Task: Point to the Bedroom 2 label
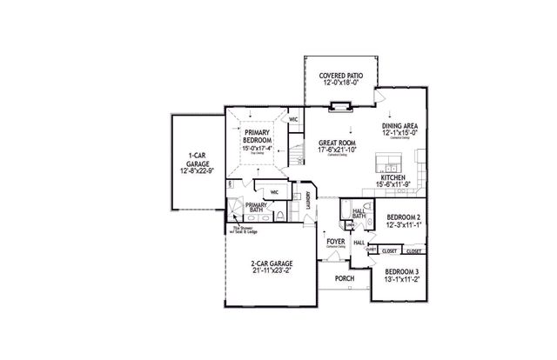click(404, 217)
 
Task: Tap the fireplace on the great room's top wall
click(338, 107)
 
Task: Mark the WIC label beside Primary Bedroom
click(293, 119)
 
